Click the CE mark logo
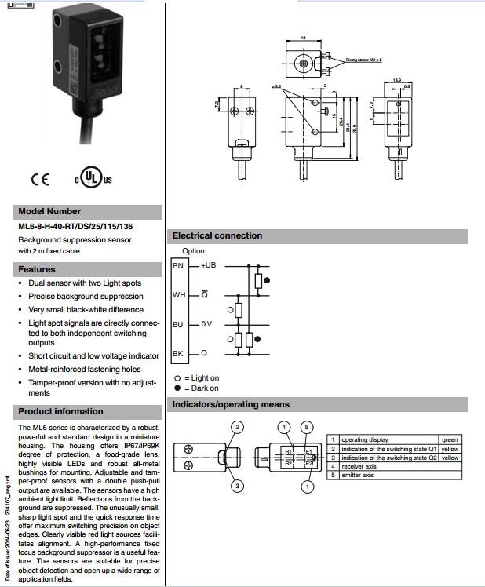[x=39, y=179]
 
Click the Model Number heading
[x=49, y=211]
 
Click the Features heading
[x=37, y=269]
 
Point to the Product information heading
[x=60, y=411]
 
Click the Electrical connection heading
[x=217, y=235]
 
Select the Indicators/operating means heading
[x=231, y=405]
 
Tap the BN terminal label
[x=178, y=266]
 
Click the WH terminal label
[x=178, y=296]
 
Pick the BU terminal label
[x=178, y=324]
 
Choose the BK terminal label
[x=178, y=354]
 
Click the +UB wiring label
[x=208, y=266]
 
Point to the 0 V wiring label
[x=206, y=324]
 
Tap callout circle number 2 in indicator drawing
[x=237, y=427]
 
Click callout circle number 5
[x=308, y=427]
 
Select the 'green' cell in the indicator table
[x=450, y=440]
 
